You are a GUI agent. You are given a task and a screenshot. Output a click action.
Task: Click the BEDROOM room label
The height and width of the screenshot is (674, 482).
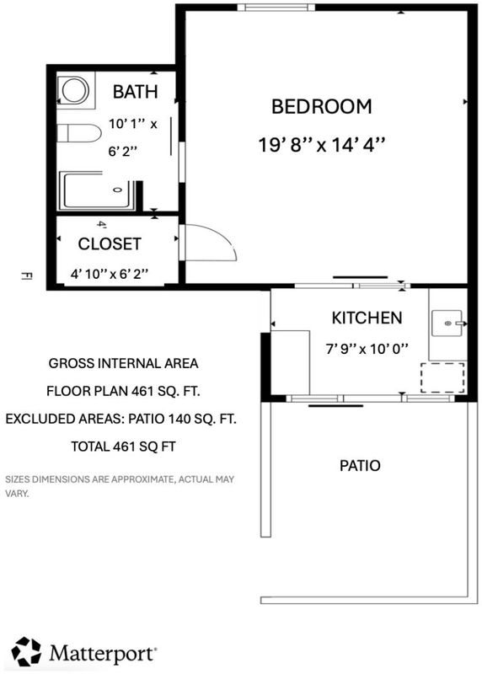coord(322,107)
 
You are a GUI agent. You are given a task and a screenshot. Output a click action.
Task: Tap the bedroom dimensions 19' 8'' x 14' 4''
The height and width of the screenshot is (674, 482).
coord(321,145)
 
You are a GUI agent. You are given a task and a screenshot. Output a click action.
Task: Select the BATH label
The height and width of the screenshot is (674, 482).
coord(135,92)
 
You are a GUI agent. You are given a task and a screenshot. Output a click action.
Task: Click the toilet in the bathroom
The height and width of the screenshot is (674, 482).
coord(79,133)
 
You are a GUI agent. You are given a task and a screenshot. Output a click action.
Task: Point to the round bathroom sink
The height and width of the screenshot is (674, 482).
coord(75,91)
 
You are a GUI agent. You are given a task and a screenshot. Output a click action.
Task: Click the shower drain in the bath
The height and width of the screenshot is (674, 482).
coord(117,190)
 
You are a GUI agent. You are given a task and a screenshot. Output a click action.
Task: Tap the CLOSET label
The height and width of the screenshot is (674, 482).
coord(110,244)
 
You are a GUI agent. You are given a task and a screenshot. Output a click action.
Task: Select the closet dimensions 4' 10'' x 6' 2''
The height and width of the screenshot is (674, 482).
coord(110,274)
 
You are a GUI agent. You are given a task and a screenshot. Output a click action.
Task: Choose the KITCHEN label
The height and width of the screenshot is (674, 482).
coord(367,318)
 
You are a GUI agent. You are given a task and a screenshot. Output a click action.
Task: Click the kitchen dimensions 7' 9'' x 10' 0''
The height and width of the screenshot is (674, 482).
coord(367,349)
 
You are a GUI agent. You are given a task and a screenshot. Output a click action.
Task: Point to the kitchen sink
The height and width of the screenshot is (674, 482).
coord(447,324)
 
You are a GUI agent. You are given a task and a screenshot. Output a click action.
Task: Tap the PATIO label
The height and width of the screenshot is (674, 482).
coord(360,466)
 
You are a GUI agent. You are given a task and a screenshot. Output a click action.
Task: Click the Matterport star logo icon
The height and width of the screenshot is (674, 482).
coord(26,651)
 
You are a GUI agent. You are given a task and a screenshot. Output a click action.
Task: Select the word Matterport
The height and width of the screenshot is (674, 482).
coord(102,654)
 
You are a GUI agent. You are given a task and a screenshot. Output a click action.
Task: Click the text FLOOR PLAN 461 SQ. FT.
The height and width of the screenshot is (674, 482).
coord(123,391)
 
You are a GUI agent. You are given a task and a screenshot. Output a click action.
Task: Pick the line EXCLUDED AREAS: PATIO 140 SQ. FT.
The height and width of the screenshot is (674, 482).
coord(121,419)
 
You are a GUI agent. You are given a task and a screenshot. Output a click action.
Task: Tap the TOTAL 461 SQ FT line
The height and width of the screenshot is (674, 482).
coord(123,447)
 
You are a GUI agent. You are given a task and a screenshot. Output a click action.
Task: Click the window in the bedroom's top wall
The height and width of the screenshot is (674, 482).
coord(276,8)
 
